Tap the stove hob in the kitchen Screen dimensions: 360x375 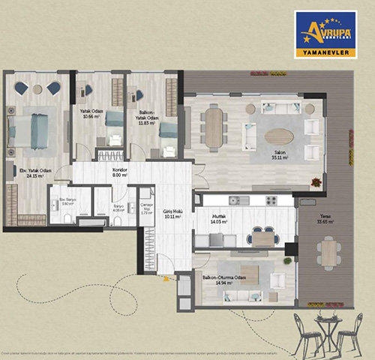(269, 200)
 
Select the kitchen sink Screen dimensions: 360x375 (238, 200)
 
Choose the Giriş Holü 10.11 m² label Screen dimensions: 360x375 (174, 215)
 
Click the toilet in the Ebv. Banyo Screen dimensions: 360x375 (66, 219)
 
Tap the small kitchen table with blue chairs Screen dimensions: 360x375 (262, 238)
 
